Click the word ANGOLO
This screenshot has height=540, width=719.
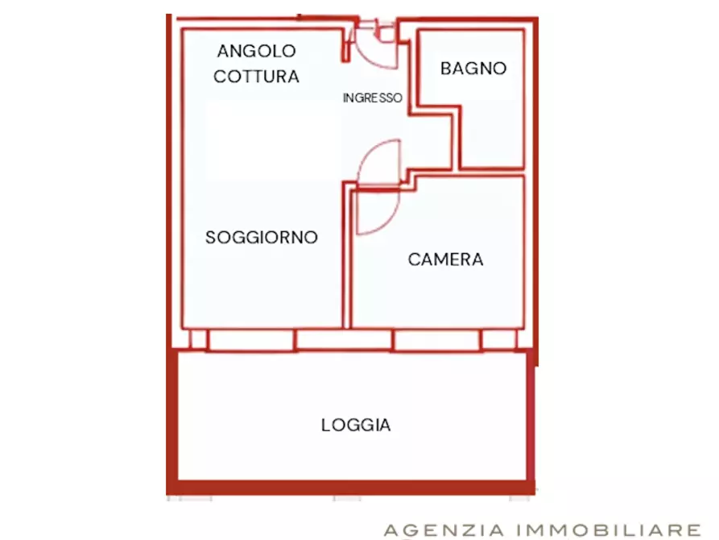tap(256, 51)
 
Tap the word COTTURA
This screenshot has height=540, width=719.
tap(256, 77)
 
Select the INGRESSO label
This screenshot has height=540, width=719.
tap(372, 98)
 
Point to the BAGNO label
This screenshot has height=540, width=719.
tap(473, 69)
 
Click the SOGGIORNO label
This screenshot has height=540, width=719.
tap(262, 238)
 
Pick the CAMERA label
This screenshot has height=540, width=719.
tap(445, 260)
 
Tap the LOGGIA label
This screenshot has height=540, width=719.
tap(356, 425)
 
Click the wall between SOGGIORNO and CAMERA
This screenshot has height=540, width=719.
tap(348, 258)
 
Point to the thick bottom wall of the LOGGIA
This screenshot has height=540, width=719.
tap(350, 487)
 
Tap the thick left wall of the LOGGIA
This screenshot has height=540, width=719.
tap(171, 419)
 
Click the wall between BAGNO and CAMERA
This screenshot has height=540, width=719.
tap(491, 171)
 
